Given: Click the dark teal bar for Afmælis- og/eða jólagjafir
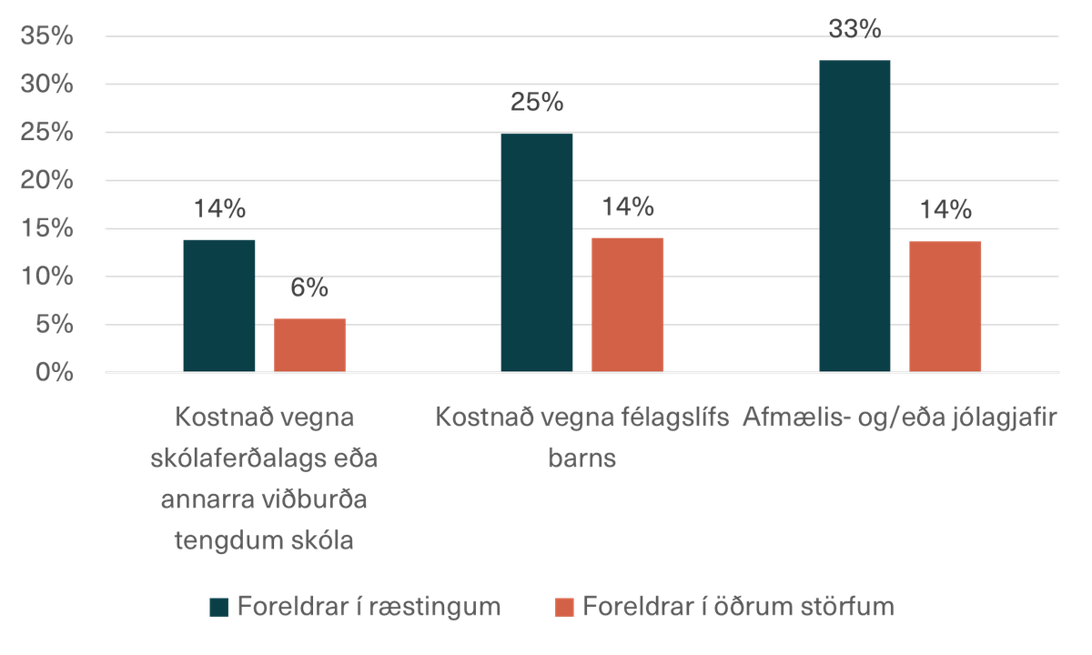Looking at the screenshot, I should tap(854, 216).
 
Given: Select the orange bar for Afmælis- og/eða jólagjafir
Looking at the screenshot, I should tap(945, 306).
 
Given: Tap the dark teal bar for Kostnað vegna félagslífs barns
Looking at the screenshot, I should tap(537, 252).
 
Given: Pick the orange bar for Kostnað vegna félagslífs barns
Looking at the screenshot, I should tap(628, 304).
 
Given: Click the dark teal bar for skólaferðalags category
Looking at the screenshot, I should tap(219, 304).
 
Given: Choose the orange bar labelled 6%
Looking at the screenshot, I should tap(310, 344).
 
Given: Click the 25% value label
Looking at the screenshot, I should tap(537, 103).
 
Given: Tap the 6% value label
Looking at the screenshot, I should tap(310, 288).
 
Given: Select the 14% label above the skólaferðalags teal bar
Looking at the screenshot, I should tap(219, 208).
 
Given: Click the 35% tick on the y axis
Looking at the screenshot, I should tap(45, 36).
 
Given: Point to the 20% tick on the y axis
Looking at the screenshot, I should tap(45, 180).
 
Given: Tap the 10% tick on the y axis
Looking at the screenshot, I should tap(45, 277).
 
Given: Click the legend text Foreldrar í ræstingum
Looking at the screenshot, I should tap(368, 606).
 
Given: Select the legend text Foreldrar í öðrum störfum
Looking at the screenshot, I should tap(738, 606).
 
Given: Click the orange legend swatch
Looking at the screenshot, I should tap(564, 607).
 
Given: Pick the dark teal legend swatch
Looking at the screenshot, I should tap(218, 607).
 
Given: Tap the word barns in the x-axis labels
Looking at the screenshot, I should tap(581, 458).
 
